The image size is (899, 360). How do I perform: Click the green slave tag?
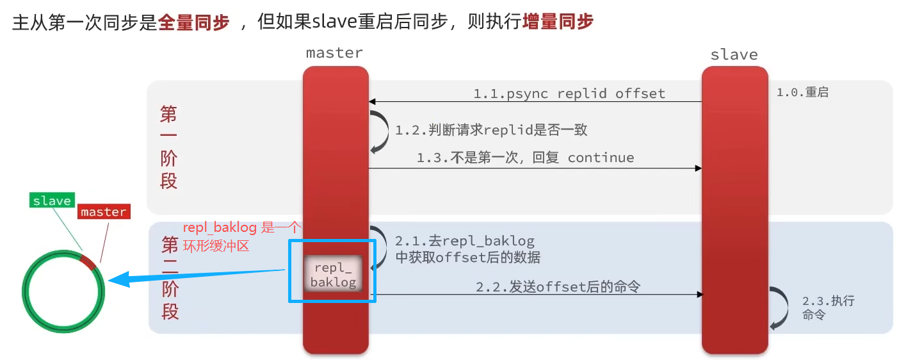tap(52, 200)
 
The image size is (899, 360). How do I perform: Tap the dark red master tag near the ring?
tap(104, 212)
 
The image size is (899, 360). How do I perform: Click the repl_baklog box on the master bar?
tap(333, 274)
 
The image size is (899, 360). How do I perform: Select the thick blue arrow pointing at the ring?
tap(192, 275)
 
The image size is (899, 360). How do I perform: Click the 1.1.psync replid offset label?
tap(569, 94)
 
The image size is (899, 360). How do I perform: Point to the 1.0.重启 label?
tap(802, 92)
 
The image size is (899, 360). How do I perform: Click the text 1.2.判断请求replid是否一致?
tap(491, 130)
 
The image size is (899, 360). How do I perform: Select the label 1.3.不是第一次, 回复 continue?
tap(525, 158)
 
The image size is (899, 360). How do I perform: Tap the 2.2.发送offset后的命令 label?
tap(558, 287)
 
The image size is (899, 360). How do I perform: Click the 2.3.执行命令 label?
tap(827, 307)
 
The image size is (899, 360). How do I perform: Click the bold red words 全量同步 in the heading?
tap(193, 23)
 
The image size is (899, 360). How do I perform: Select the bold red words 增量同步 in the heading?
tap(558, 23)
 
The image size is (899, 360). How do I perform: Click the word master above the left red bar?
tap(334, 53)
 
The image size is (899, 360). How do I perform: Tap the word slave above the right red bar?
tap(734, 54)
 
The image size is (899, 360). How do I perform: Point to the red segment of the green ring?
tap(88, 261)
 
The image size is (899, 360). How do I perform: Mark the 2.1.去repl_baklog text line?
tap(464, 241)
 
